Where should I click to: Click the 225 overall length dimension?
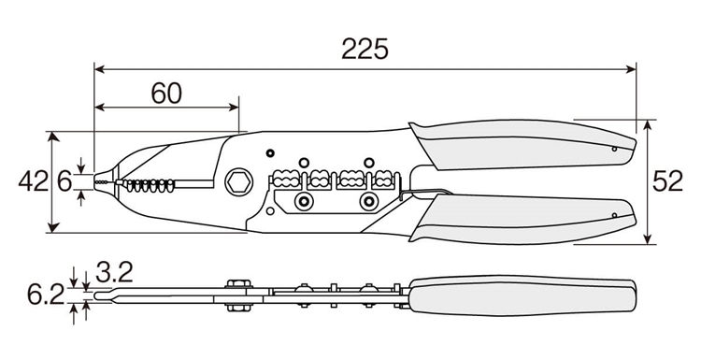click(x=365, y=49)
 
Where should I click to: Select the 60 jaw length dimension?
click(x=166, y=93)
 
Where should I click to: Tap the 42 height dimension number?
click(x=33, y=181)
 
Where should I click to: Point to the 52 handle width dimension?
click(x=667, y=181)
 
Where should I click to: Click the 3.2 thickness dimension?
click(x=114, y=272)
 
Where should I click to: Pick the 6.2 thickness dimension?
click(x=46, y=295)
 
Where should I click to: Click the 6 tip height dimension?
click(x=64, y=181)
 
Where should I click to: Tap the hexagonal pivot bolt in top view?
click(x=238, y=182)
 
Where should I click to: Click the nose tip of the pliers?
click(x=95, y=182)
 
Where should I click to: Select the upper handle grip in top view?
click(x=523, y=144)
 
